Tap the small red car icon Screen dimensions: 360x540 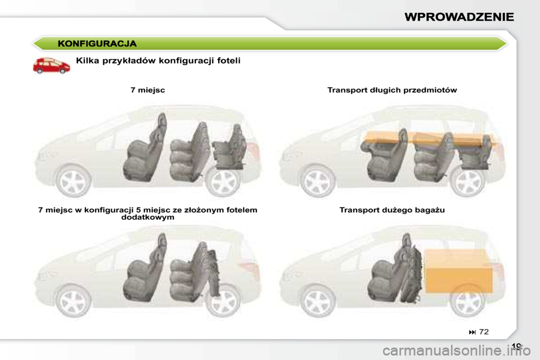tap(51, 65)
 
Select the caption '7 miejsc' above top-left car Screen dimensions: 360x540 tap(147, 90)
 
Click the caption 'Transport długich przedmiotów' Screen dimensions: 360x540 tap(392, 90)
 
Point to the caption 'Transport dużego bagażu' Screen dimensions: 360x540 tap(392, 210)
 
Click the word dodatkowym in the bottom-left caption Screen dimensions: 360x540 tap(147, 217)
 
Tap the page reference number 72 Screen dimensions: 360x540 tap(483, 332)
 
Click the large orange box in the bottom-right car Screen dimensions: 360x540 tap(459, 269)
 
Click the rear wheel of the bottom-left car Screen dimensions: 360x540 tap(223, 301)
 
